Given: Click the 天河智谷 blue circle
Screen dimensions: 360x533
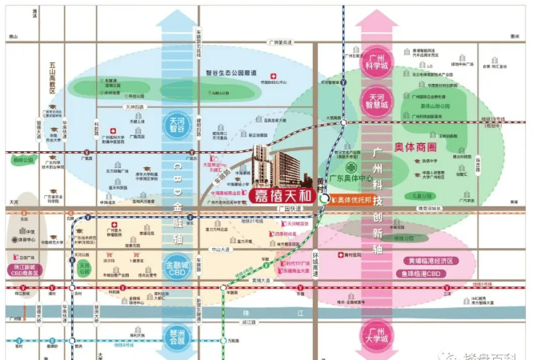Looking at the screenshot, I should point(178,126).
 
